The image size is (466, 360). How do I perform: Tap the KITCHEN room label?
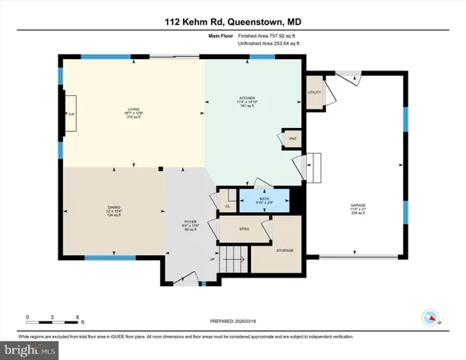point(246,98)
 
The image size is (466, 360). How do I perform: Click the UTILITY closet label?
point(313,92)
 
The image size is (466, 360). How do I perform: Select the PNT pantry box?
point(293,138)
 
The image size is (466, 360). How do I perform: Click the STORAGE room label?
point(285,250)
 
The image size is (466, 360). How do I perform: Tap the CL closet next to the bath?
point(228,206)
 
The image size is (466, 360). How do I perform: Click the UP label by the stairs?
point(212,259)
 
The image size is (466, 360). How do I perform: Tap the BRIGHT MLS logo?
point(30,350)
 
